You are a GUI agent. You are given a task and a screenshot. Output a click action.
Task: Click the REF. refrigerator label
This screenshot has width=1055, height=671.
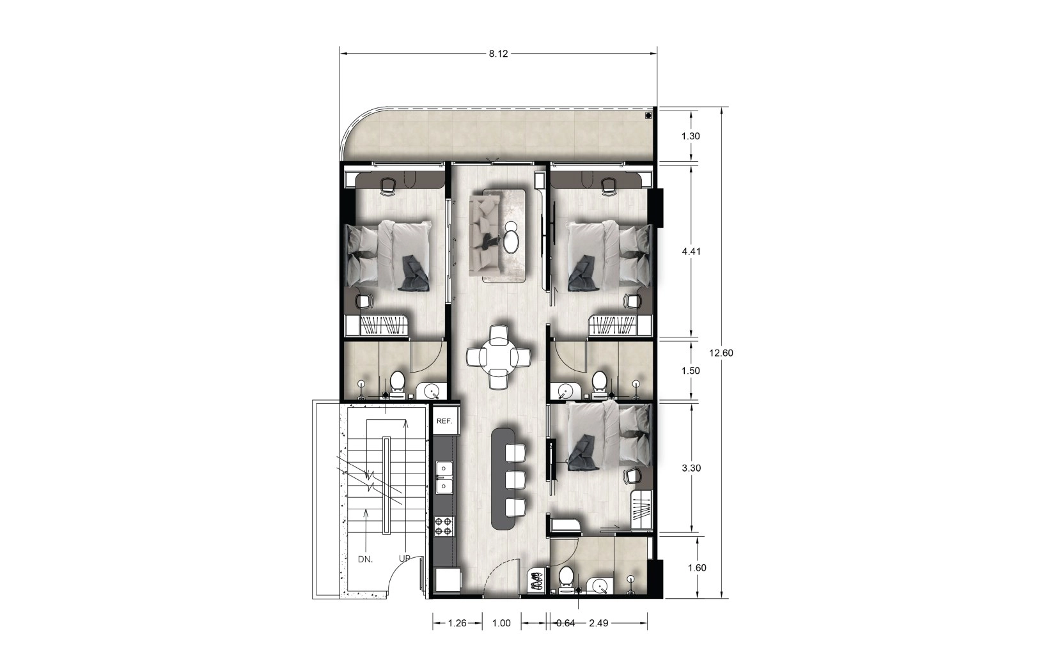point(444,421)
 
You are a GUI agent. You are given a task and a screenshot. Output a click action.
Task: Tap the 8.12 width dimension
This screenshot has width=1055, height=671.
point(498,54)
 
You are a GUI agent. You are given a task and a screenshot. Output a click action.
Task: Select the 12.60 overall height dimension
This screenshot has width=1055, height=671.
point(721,353)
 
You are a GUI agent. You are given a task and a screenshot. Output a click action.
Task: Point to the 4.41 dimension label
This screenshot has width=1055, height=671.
point(691,251)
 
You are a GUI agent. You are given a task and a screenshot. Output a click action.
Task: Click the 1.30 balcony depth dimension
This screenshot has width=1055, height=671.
point(691,136)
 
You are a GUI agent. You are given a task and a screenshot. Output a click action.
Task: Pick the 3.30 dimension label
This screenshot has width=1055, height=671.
point(691,468)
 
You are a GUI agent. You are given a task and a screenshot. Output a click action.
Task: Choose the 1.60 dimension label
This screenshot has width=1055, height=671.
point(697,568)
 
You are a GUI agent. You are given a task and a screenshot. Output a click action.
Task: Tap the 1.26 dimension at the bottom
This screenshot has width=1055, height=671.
point(457,623)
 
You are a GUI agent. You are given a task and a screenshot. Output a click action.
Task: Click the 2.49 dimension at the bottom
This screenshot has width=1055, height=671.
point(598,623)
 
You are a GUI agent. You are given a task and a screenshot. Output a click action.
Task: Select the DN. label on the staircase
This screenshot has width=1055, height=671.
point(366,560)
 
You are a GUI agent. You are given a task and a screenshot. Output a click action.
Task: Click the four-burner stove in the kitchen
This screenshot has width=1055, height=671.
point(444,526)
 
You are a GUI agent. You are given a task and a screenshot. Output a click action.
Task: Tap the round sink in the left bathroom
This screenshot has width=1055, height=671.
point(428,390)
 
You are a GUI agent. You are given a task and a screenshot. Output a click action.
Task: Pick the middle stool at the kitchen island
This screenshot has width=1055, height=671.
point(515,480)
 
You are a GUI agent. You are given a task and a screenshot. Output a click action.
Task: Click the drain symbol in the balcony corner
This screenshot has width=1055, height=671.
point(648,116)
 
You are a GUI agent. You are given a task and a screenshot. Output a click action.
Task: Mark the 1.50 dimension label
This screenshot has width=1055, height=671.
point(691,371)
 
